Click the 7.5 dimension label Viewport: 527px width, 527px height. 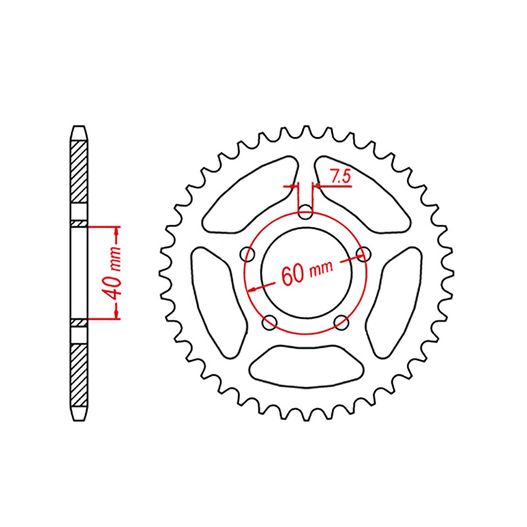click(x=340, y=178)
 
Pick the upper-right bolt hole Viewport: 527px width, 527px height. click(x=364, y=254)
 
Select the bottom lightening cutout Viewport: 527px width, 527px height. click(x=306, y=366)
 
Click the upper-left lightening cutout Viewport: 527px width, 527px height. click(x=250, y=194)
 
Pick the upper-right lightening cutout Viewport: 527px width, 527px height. click(x=362, y=194)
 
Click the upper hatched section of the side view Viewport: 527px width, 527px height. click(x=79, y=171)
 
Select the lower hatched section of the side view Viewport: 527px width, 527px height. click(x=79, y=375)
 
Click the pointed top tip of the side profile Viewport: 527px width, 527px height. click(x=79, y=126)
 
